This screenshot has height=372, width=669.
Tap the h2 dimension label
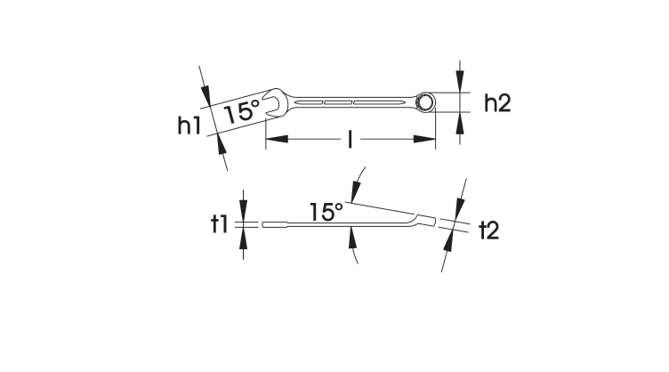click(496, 103)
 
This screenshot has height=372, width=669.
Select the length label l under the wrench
click(351, 139)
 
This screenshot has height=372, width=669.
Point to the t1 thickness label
click(220, 223)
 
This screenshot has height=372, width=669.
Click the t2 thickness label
click(488, 231)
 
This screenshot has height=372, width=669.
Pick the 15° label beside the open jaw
click(241, 112)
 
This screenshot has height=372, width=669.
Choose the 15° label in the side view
click(326, 212)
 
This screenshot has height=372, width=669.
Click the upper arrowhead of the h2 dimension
click(459, 85)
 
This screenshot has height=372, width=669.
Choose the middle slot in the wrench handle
click(338, 103)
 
